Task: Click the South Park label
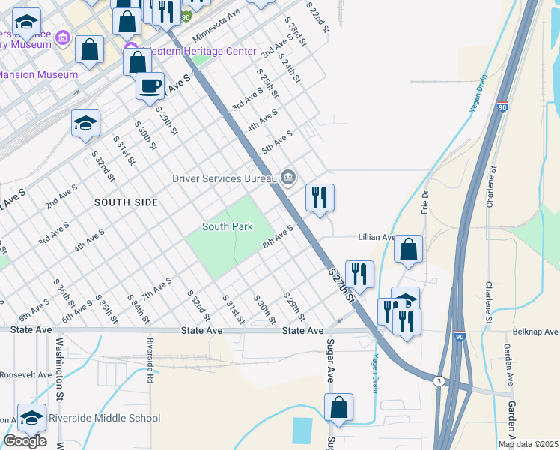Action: tap(228, 226)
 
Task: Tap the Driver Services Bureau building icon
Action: tap(288, 178)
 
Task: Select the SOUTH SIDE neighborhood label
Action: tap(127, 202)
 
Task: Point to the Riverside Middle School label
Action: tap(104, 418)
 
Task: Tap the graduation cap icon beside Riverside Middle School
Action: tap(31, 417)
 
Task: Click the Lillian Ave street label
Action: tap(378, 237)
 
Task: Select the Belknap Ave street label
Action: tap(535, 331)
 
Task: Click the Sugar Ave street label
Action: tap(329, 360)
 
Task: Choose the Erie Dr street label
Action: tap(425, 205)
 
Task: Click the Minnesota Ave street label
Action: tap(216, 26)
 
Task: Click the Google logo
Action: tap(25, 441)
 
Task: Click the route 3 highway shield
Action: tap(439, 381)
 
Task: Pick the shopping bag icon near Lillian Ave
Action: tap(408, 248)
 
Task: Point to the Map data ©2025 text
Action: tap(528, 444)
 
